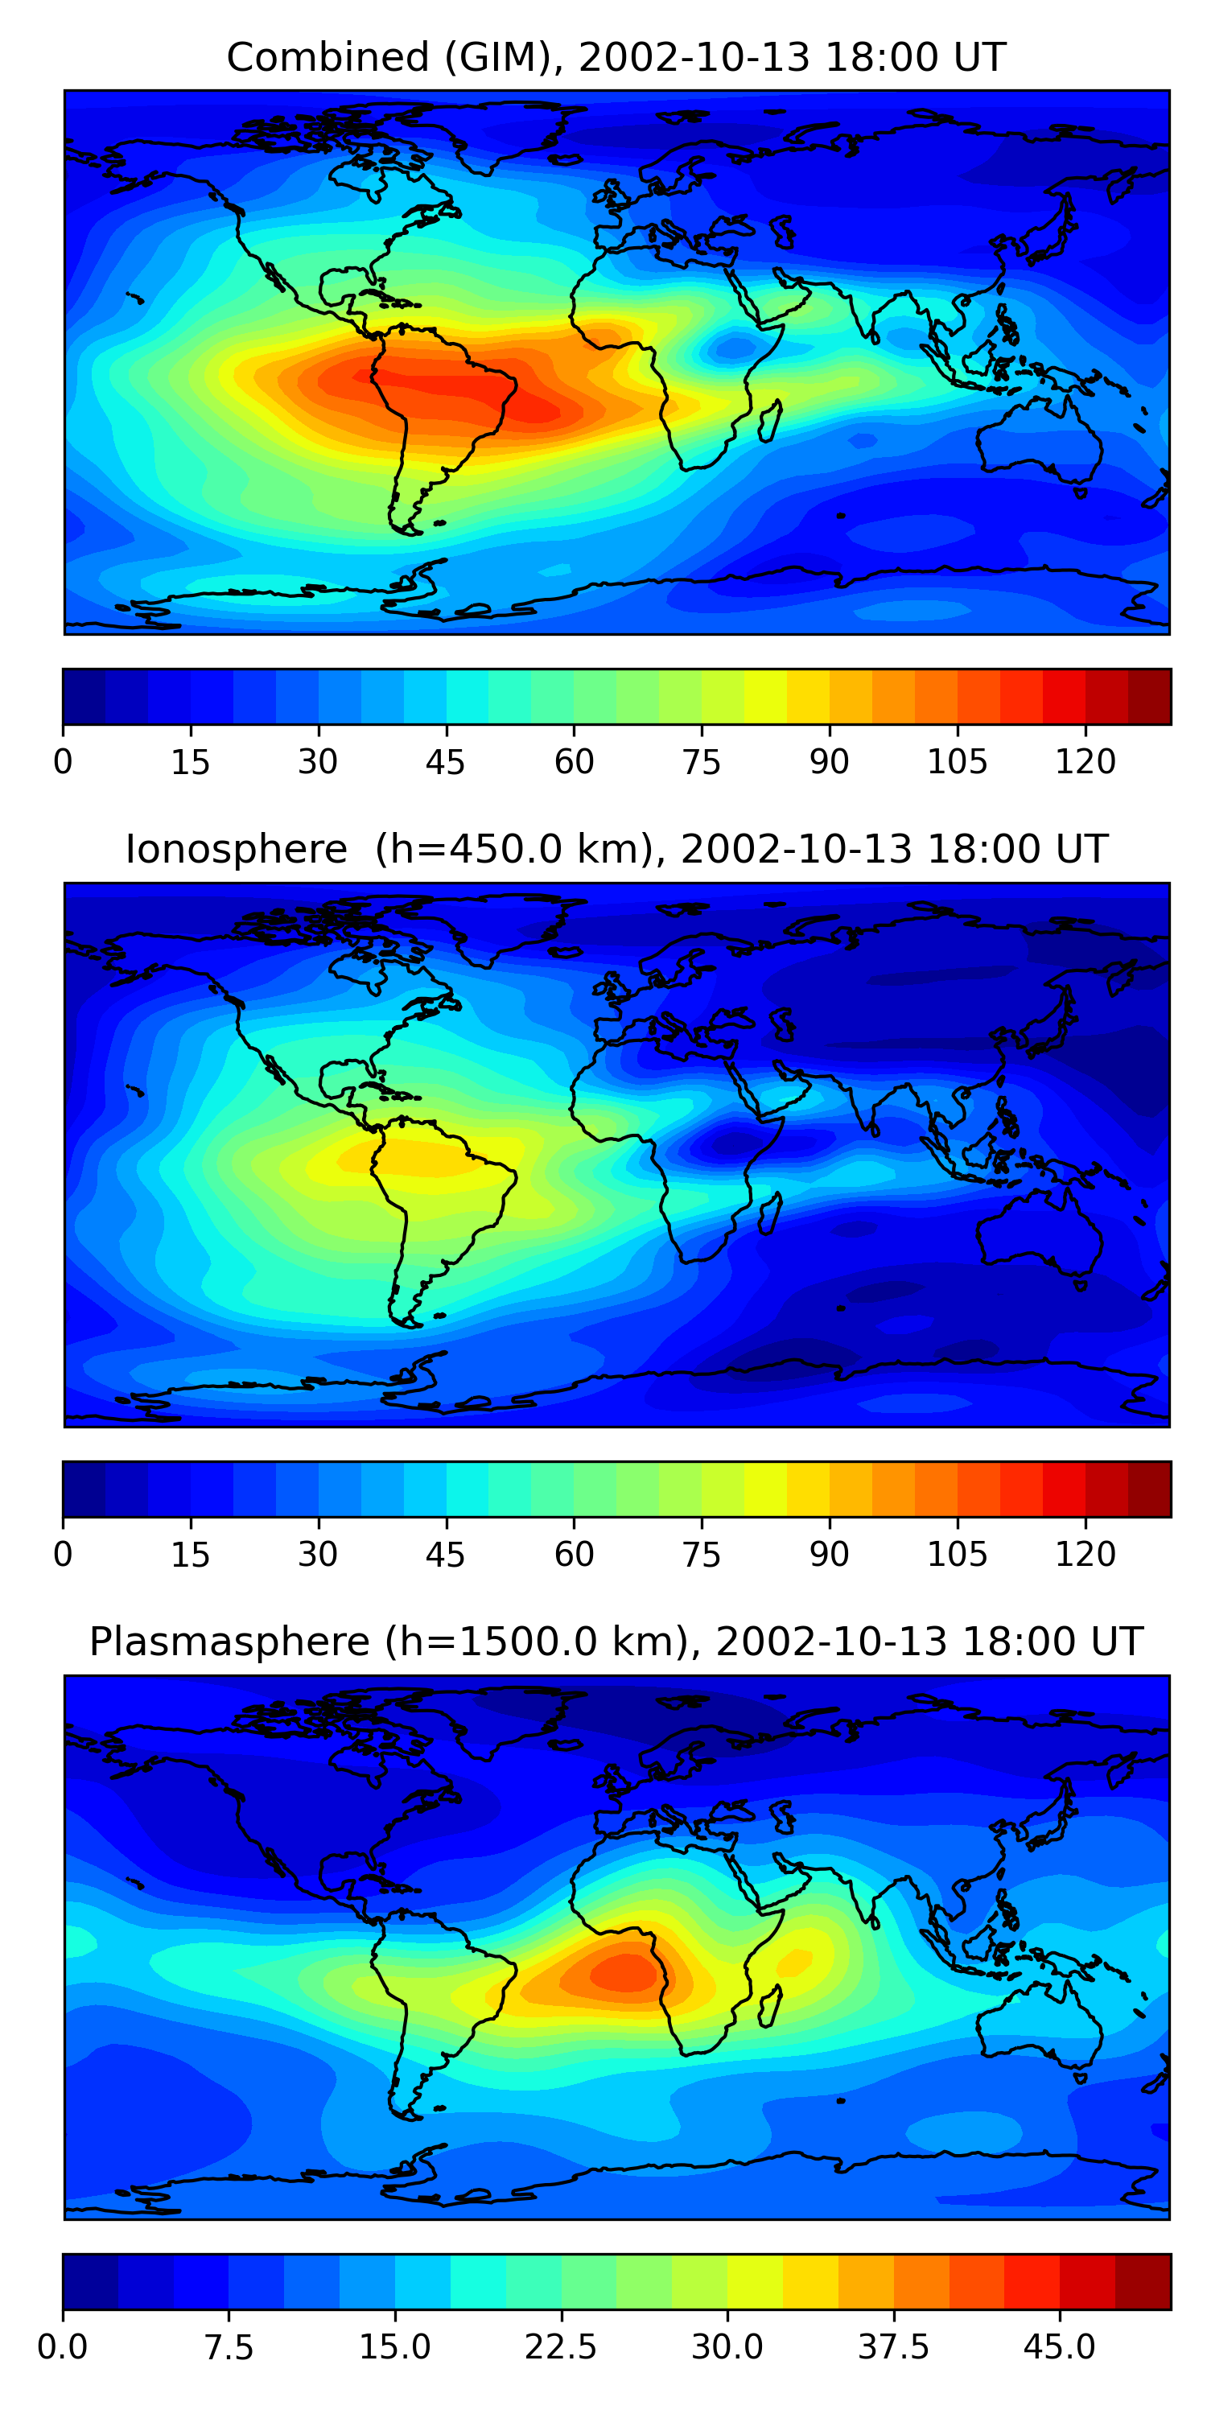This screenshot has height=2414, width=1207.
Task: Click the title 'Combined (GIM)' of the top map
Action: pyautogui.click(x=389, y=58)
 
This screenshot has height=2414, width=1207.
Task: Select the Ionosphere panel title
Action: pyautogui.click(x=236, y=850)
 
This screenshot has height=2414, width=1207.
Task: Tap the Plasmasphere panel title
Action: pyautogui.click(x=229, y=1642)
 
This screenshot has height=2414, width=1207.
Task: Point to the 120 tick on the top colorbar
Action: pyautogui.click(x=1085, y=761)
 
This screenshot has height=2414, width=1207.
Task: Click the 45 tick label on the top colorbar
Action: pyautogui.click(x=445, y=762)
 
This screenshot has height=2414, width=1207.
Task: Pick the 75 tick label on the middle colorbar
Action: pyautogui.click(x=701, y=1554)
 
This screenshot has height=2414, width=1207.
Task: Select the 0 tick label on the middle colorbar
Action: pyautogui.click(x=63, y=1554)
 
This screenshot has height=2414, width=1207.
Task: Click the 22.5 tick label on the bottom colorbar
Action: pyautogui.click(x=560, y=2347)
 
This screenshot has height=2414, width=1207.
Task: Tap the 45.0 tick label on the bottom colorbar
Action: pyautogui.click(x=1059, y=2347)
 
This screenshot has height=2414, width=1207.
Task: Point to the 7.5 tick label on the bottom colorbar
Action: pyautogui.click(x=229, y=2347)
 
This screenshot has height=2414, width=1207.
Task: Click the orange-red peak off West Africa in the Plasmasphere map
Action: pyautogui.click(x=623, y=1971)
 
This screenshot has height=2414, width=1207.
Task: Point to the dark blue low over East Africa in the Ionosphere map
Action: pyautogui.click(x=727, y=1143)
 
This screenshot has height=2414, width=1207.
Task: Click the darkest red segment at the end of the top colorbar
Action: pyautogui.click(x=1149, y=696)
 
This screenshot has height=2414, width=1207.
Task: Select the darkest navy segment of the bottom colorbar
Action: pyautogui.click(x=90, y=2282)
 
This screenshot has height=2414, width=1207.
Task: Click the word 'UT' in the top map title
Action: pyautogui.click(x=979, y=58)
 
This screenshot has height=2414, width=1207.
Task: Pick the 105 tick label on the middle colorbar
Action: pyautogui.click(x=957, y=1554)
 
